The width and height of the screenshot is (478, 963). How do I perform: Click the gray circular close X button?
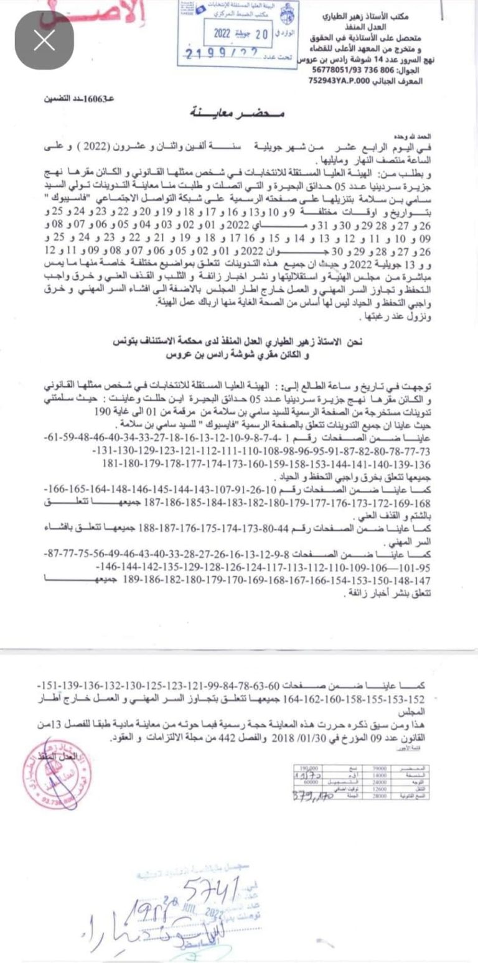coord(44,40)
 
